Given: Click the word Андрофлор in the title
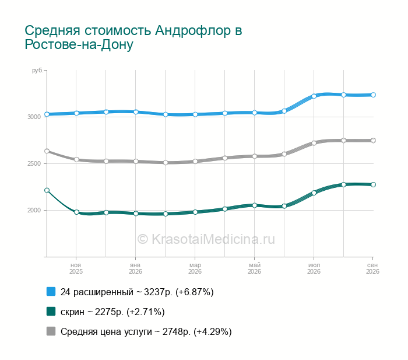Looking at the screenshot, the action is point(192,31).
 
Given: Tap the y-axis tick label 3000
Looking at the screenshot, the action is point(34,117).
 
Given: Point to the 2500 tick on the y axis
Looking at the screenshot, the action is point(34,163).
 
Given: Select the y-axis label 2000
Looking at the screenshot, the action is point(34,210).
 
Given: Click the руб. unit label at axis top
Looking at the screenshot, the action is point(38,71).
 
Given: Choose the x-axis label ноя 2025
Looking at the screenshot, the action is point(76,268).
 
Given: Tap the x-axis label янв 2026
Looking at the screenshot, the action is point(135,268).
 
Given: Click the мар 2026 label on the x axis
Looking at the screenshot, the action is point(195,268).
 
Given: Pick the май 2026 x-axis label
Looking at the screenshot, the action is point(254,268).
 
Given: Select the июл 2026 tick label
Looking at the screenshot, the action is point(314,268).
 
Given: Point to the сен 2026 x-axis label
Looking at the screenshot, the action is point(372,268).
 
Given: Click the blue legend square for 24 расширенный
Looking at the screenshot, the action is point(51,292).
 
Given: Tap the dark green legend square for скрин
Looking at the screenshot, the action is point(51,312).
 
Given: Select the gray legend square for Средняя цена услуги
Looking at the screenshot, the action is point(51,331).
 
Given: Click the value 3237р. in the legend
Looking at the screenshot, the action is point(158,292).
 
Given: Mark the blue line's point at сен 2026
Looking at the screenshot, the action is point(373,95).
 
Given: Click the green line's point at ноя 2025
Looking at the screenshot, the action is point(76,212).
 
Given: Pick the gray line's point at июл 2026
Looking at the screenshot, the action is point(314,143).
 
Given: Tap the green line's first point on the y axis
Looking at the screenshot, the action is point(47,190).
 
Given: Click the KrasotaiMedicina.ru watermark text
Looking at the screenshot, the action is point(206,239).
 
